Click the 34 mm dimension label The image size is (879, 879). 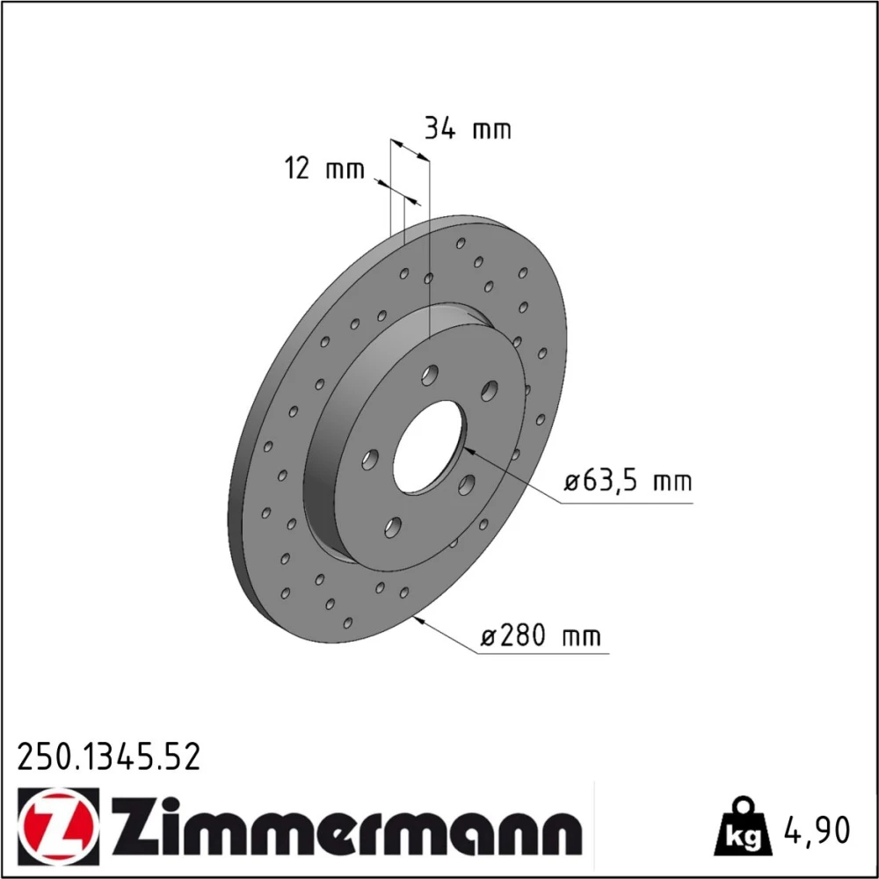tap(468, 129)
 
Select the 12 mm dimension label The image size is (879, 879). tap(324, 168)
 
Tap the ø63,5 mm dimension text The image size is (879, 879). tap(628, 482)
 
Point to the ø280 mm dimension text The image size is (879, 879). tap(541, 636)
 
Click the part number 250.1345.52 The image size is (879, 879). tap(109, 757)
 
